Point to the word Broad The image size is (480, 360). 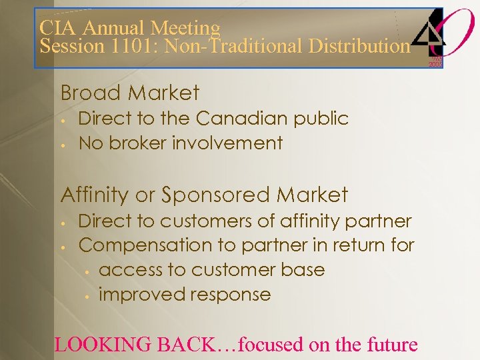coord(88,93)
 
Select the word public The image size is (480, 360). coord(322,119)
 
